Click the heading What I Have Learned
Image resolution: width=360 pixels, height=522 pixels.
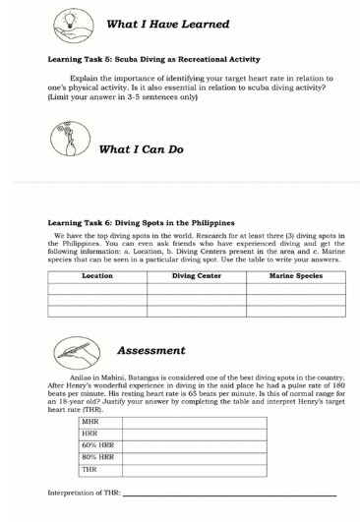pos(168,24)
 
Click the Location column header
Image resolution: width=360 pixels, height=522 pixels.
pos(97,277)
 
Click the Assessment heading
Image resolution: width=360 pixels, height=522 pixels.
pos(150,351)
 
